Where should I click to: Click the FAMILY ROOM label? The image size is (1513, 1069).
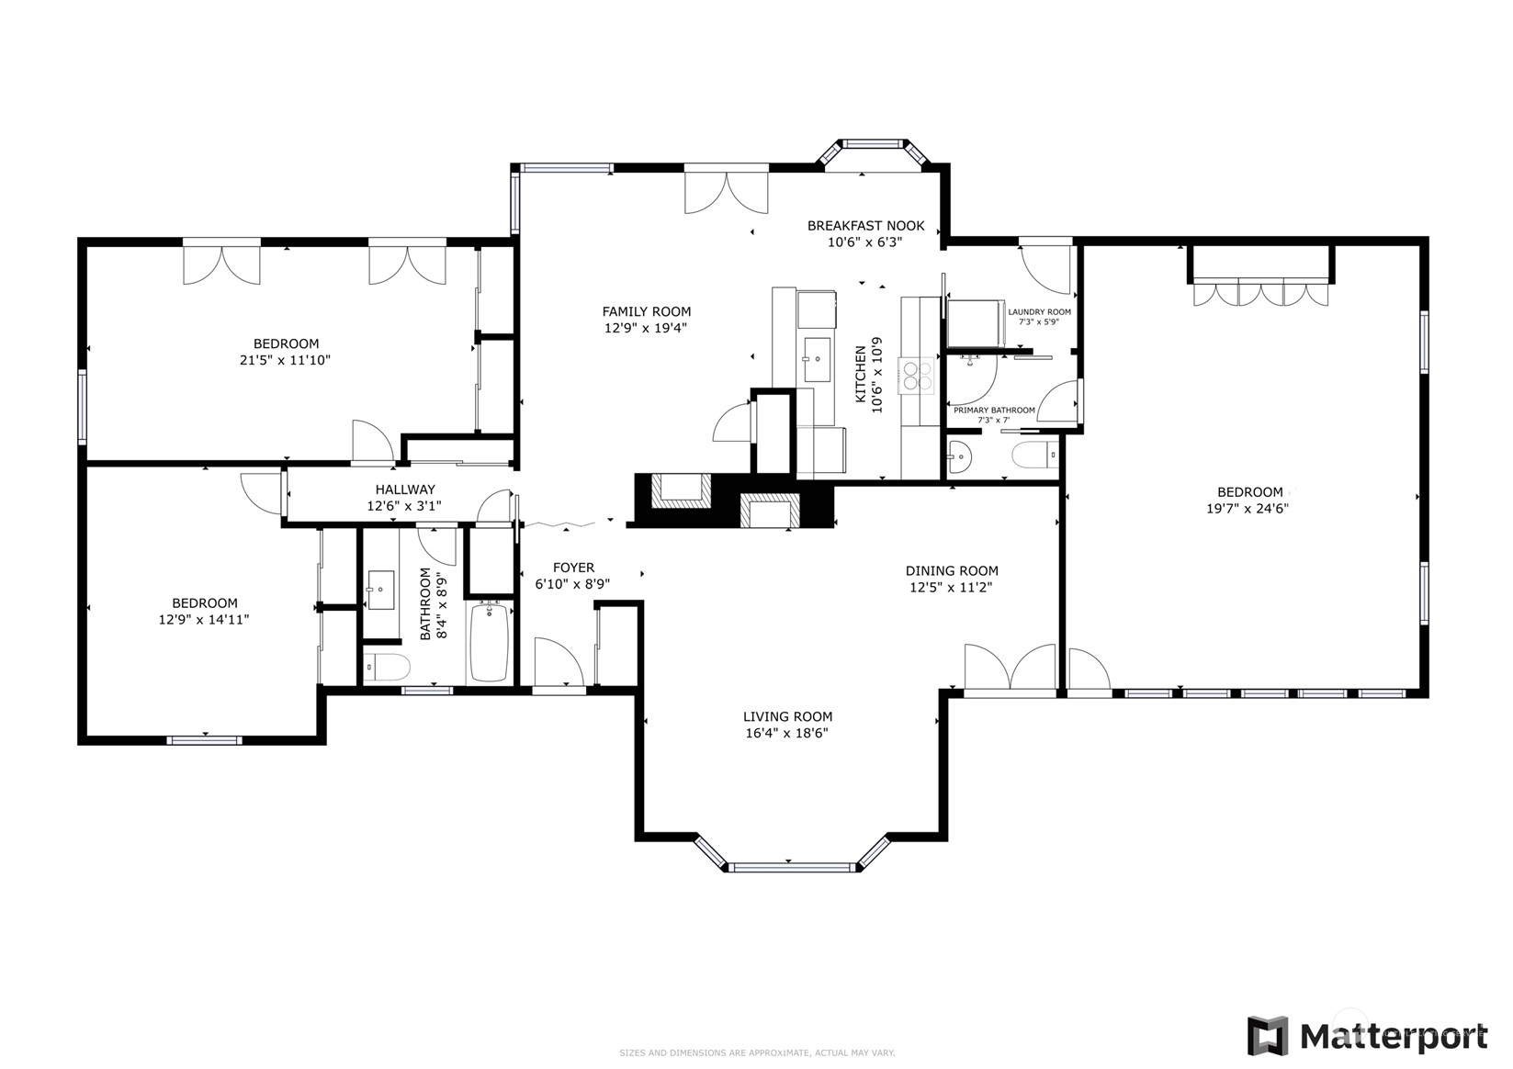[646, 311]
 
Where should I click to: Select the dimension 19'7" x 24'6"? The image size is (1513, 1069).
[1248, 509]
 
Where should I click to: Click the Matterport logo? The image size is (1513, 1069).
[1367, 1037]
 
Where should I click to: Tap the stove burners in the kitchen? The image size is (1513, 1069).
[918, 377]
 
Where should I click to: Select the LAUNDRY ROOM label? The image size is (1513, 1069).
[1039, 312]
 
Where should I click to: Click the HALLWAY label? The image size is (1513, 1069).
[405, 489]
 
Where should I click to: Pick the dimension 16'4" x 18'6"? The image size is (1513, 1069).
[787, 733]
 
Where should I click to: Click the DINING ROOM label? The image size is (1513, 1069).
[952, 570]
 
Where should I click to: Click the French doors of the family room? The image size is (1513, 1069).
[726, 191]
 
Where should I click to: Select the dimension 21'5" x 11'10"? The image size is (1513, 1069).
[285, 360]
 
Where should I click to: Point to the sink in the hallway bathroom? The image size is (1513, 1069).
[380, 589]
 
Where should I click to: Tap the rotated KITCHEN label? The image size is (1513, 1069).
[861, 375]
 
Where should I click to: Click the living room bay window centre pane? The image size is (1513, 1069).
[788, 866]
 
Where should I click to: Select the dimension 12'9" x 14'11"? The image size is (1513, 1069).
[204, 620]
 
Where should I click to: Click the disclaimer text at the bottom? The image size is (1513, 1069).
[756, 1052]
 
